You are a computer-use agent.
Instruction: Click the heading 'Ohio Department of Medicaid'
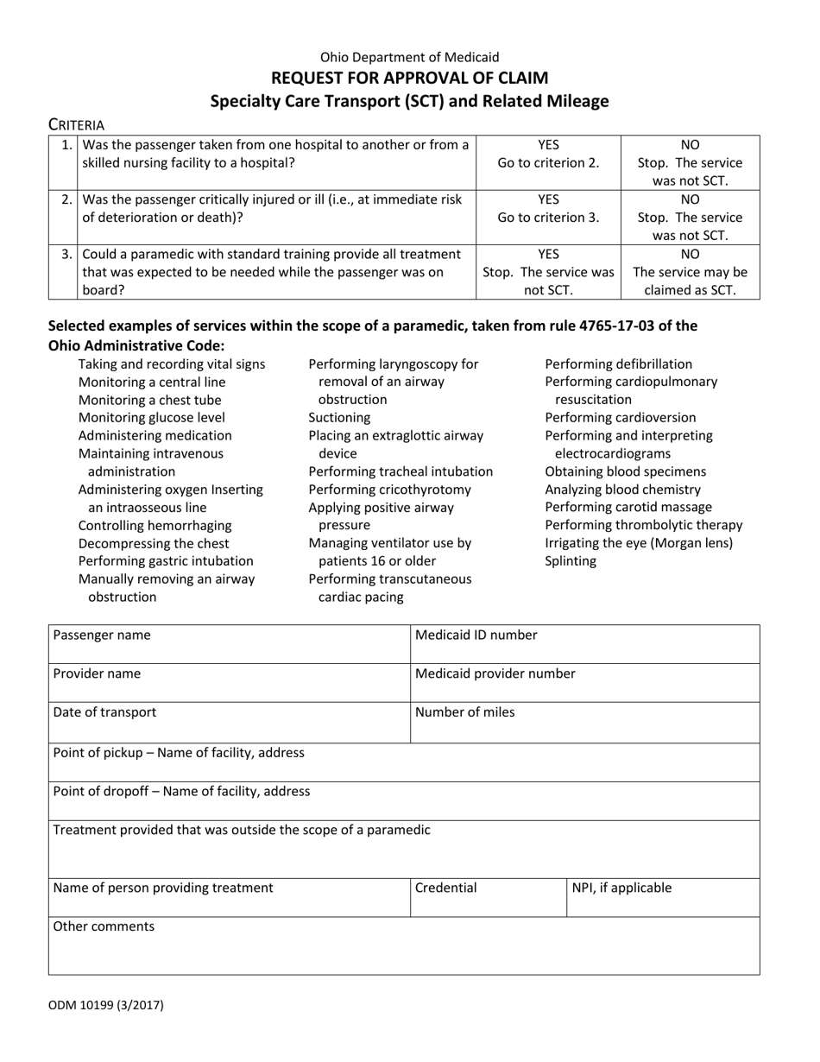coord(409,57)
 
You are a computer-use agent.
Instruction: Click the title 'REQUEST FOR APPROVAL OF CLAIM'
coord(409,78)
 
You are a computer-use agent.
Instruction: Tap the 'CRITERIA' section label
coord(76,124)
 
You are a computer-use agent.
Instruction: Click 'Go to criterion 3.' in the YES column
coord(548,218)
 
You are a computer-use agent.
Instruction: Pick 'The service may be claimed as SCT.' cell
coord(691,281)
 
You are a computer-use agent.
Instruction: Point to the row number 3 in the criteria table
coord(66,254)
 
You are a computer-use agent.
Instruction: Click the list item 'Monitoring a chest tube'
coord(149,400)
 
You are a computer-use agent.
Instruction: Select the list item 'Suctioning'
coord(339,418)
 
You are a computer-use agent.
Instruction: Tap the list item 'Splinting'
coord(571,561)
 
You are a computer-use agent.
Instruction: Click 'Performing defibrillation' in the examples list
coord(618,364)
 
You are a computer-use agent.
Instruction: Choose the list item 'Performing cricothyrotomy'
coord(389,490)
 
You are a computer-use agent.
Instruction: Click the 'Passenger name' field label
coord(102,635)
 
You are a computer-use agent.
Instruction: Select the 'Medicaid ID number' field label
coord(476,635)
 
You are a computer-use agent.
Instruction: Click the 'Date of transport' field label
coord(105,712)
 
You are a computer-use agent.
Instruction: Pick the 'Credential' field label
coord(445,887)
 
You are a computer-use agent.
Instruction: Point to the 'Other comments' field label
coord(104,926)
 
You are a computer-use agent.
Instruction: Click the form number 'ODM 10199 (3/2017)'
coord(106,1004)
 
